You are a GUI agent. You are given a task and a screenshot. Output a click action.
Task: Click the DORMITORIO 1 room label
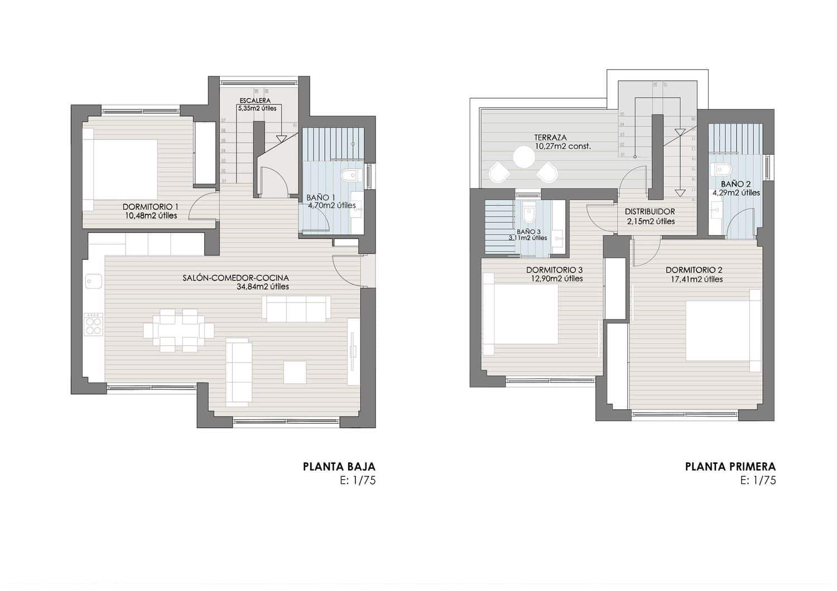click(150, 207)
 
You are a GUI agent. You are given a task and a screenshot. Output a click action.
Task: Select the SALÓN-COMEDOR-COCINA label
click(235, 278)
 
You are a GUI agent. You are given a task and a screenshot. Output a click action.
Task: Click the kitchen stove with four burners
click(93, 323)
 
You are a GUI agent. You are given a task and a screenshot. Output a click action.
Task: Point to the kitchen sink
click(93, 282)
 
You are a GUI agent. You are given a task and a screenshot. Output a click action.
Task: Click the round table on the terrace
click(525, 157)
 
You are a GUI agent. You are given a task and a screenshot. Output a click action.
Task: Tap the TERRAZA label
click(550, 137)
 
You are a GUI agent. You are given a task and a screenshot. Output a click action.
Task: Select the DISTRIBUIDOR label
click(650, 212)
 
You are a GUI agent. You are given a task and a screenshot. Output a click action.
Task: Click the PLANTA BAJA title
click(339, 467)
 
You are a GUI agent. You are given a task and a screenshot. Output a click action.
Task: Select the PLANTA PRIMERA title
click(730, 467)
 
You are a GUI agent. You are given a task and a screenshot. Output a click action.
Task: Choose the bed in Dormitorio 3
click(521, 314)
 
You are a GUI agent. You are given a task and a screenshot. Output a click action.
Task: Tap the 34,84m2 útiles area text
click(263, 287)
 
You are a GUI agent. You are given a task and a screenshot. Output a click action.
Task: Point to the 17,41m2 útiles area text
click(697, 279)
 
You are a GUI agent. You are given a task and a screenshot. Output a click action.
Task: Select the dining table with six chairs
click(179, 331)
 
